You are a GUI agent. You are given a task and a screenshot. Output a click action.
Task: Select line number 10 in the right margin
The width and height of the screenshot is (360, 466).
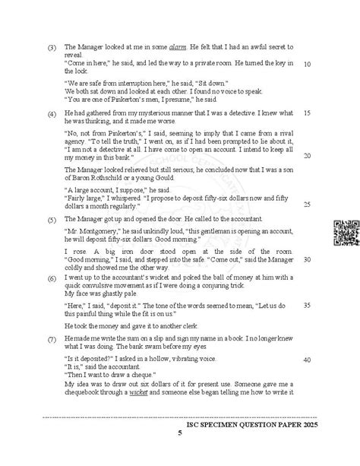pos(306,64)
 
